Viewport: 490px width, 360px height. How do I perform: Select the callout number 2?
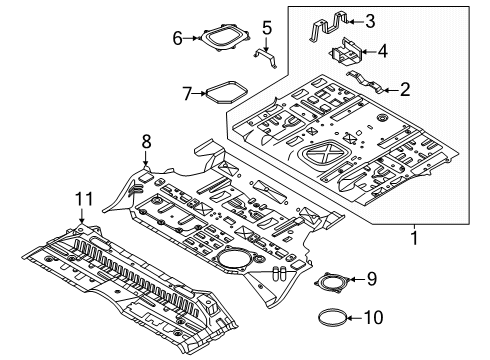point(404,89)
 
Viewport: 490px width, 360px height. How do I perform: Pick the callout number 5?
point(267,27)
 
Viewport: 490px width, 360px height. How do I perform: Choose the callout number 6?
point(178,38)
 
